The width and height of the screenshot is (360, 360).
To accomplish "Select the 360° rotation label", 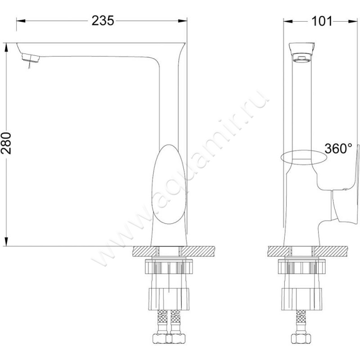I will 338,148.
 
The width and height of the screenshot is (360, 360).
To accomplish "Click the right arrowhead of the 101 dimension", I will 349,21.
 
